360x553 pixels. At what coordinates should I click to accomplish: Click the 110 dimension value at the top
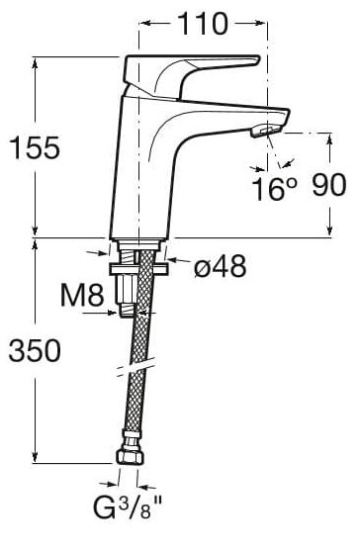203,24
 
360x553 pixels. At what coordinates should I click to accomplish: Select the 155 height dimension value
36,147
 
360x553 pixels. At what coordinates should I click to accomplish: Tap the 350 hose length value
35,350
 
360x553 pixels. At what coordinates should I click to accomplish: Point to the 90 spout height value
329,185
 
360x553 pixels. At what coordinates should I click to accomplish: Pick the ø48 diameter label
220,266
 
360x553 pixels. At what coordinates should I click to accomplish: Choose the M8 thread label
82,295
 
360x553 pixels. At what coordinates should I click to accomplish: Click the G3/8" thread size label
128,507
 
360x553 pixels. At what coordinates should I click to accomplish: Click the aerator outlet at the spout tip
267,131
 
